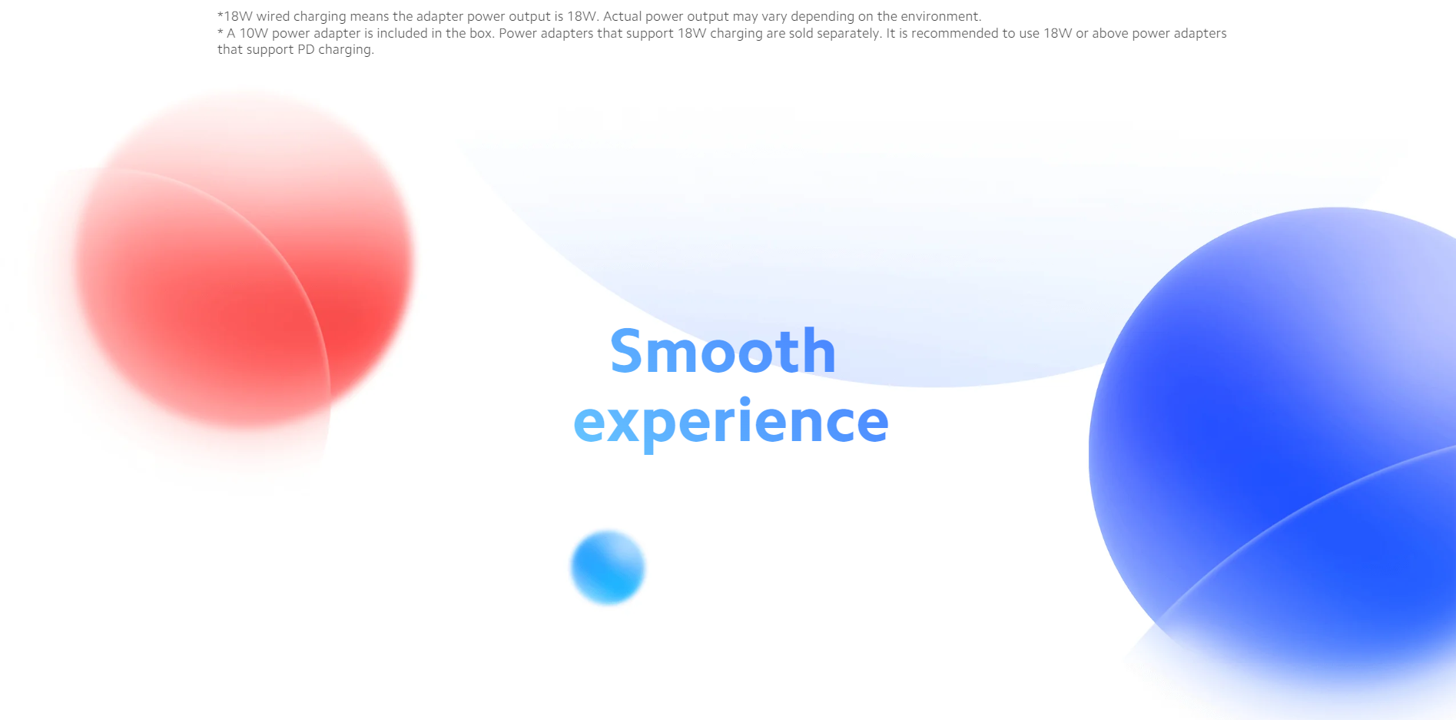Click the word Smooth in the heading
723,351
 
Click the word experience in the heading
731,422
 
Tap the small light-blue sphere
608,567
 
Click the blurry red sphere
244,260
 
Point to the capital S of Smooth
626,351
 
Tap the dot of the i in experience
745,400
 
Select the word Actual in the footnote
622,17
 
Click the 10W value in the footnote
254,34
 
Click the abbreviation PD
306,50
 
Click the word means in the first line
369,17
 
